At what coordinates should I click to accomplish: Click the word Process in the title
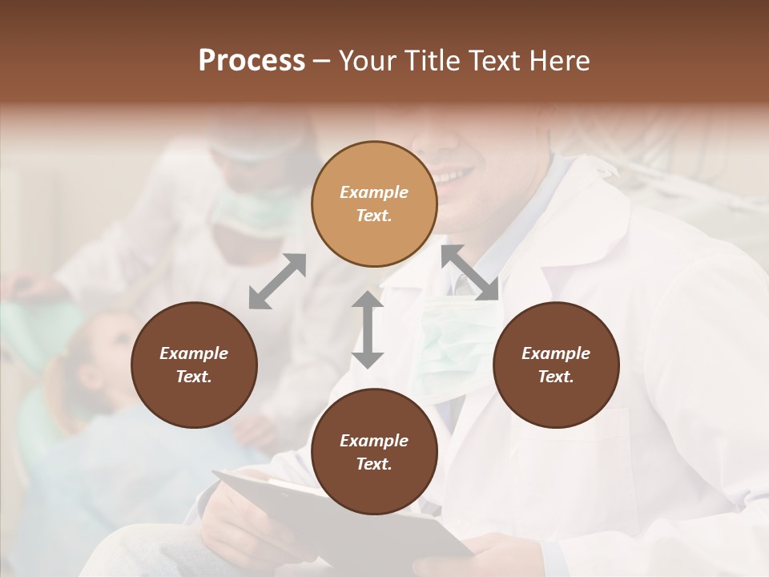point(252,61)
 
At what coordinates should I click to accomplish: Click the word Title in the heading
point(433,61)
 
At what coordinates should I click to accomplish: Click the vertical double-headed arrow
point(368,329)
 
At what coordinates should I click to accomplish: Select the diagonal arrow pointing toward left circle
point(277,281)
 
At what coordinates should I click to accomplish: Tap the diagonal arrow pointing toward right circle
point(470,272)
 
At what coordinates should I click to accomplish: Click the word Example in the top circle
point(374,192)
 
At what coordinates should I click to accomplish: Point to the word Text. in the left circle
point(194,377)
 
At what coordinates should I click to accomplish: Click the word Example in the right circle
point(556,353)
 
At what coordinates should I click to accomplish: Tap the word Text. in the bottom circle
point(374,464)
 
